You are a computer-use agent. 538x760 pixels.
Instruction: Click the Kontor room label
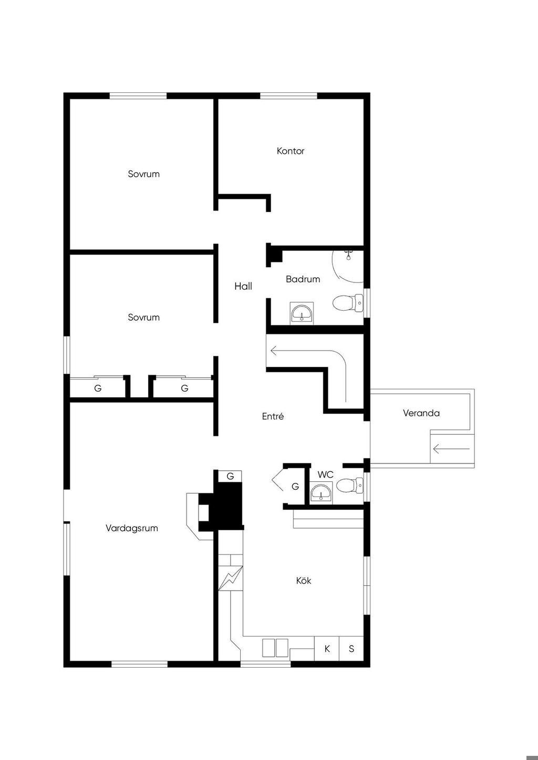coord(291,151)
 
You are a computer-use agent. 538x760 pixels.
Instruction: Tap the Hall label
coord(243,287)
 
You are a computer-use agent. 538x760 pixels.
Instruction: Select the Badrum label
coord(303,279)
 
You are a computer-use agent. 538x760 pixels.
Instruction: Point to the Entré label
coord(273,416)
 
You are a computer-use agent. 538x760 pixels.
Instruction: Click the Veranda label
coord(421,413)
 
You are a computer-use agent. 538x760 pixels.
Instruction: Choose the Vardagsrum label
coord(132,528)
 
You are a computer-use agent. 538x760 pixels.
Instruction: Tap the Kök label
coord(304,580)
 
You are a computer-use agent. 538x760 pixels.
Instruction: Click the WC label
coord(325,474)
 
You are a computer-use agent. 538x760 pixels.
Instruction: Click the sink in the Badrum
coord(302,313)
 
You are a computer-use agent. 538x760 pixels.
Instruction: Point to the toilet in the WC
coord(350,485)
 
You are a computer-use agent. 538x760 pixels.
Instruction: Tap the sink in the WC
coord(321,492)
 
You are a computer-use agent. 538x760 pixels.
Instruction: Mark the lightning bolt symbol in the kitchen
coord(230,578)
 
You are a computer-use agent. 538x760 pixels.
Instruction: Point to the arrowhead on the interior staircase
coord(274,350)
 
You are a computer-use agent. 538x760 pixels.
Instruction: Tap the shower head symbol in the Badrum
coord(348,255)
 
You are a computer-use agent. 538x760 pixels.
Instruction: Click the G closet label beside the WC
coord(295,487)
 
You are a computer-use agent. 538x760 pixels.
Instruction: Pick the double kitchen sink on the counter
coord(275,648)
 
